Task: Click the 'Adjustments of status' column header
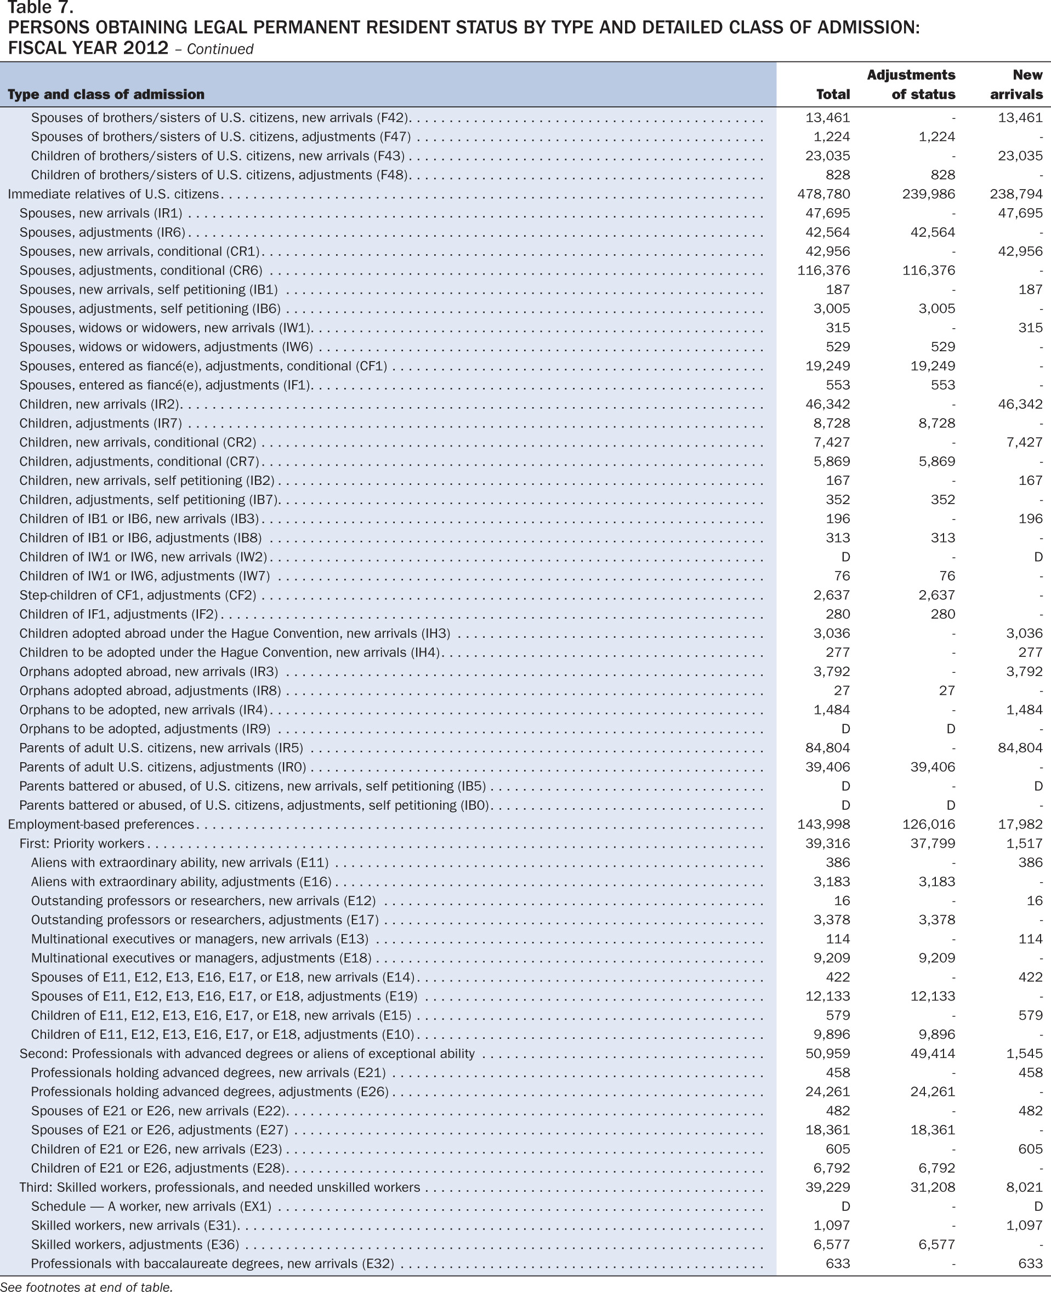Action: coord(911,84)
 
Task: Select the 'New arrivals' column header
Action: coord(1016,84)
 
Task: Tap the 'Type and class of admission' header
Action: coord(106,94)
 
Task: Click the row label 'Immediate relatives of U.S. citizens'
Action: coord(113,195)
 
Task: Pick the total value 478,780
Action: coord(823,195)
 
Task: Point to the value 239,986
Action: coord(929,195)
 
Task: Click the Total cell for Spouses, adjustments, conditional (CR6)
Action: coord(823,271)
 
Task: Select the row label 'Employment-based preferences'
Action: coord(100,824)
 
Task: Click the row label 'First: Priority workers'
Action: coord(82,844)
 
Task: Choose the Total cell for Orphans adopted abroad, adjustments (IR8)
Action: coord(842,690)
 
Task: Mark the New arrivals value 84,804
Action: coord(1020,748)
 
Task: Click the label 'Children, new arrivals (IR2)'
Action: coord(100,404)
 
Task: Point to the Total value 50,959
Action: coord(828,1054)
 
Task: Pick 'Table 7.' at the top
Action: coord(41,8)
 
